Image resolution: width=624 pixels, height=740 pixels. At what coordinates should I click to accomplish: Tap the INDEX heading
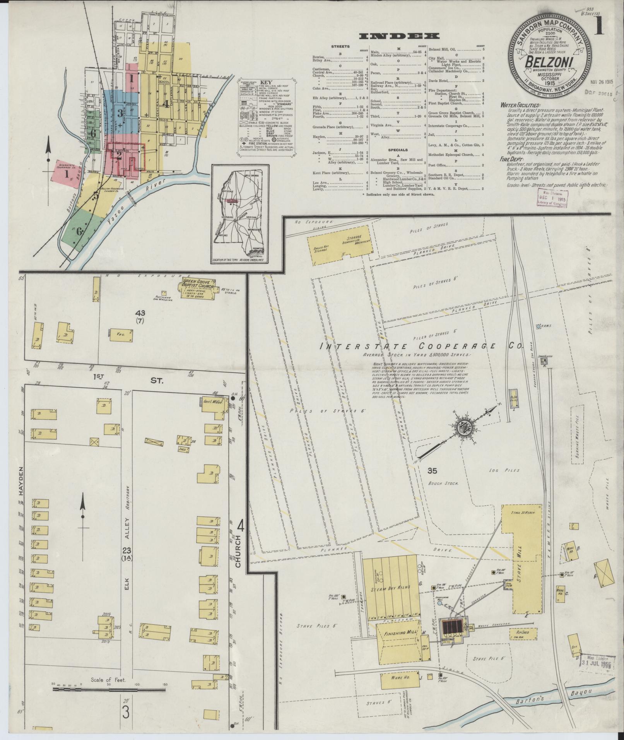coord(399,36)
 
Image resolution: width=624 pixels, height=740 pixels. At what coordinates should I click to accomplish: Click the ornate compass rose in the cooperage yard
coord(463,428)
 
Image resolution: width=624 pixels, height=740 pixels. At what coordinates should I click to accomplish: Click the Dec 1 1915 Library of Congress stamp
coord(552,198)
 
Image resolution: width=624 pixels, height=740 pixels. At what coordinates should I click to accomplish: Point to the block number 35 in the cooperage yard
coord(432,471)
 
